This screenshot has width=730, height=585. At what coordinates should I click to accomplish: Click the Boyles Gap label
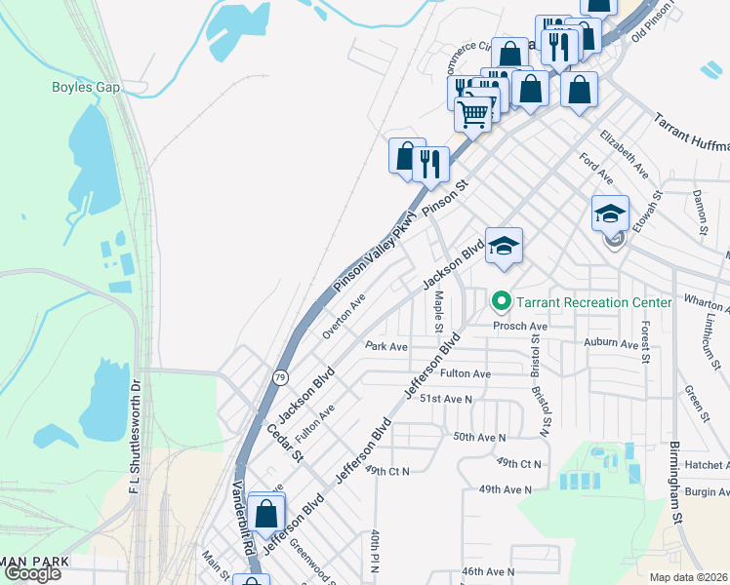[x=86, y=88]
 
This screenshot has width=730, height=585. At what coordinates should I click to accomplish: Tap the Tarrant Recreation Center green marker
[x=502, y=302]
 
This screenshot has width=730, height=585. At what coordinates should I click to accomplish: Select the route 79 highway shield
[x=280, y=376]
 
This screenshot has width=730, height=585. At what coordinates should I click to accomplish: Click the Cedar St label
[x=286, y=442]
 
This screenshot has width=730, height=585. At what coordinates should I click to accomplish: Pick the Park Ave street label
[x=385, y=346]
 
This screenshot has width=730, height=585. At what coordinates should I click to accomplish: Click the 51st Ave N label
[x=445, y=399]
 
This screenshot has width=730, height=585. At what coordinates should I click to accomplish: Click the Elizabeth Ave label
[x=625, y=152]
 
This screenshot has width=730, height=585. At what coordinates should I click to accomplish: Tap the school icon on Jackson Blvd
[x=504, y=246]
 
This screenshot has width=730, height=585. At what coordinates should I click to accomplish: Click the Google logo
[x=32, y=573]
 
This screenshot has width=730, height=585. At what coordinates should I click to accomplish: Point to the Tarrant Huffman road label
[x=689, y=137]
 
